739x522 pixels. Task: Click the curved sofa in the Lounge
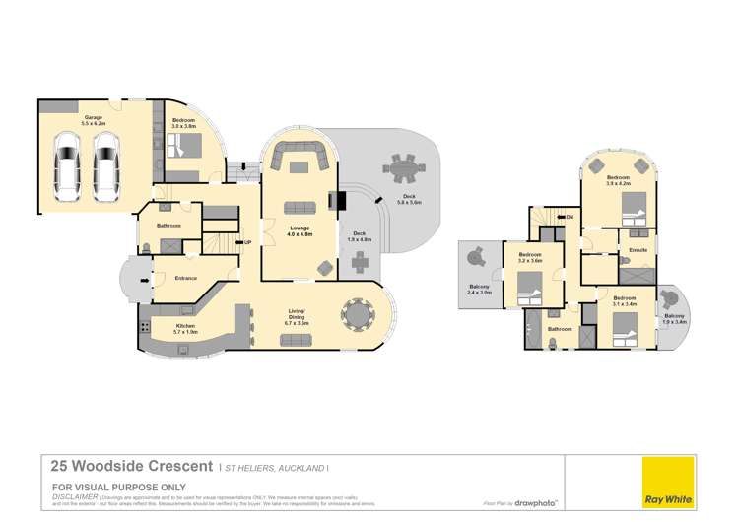point(300,155)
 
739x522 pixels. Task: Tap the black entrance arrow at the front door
point(147,279)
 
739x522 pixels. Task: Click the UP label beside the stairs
point(248,242)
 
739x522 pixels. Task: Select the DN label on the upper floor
point(569,216)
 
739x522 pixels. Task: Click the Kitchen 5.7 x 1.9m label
point(185,328)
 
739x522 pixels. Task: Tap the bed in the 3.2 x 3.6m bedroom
point(529,288)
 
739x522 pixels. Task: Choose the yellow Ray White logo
point(667,482)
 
